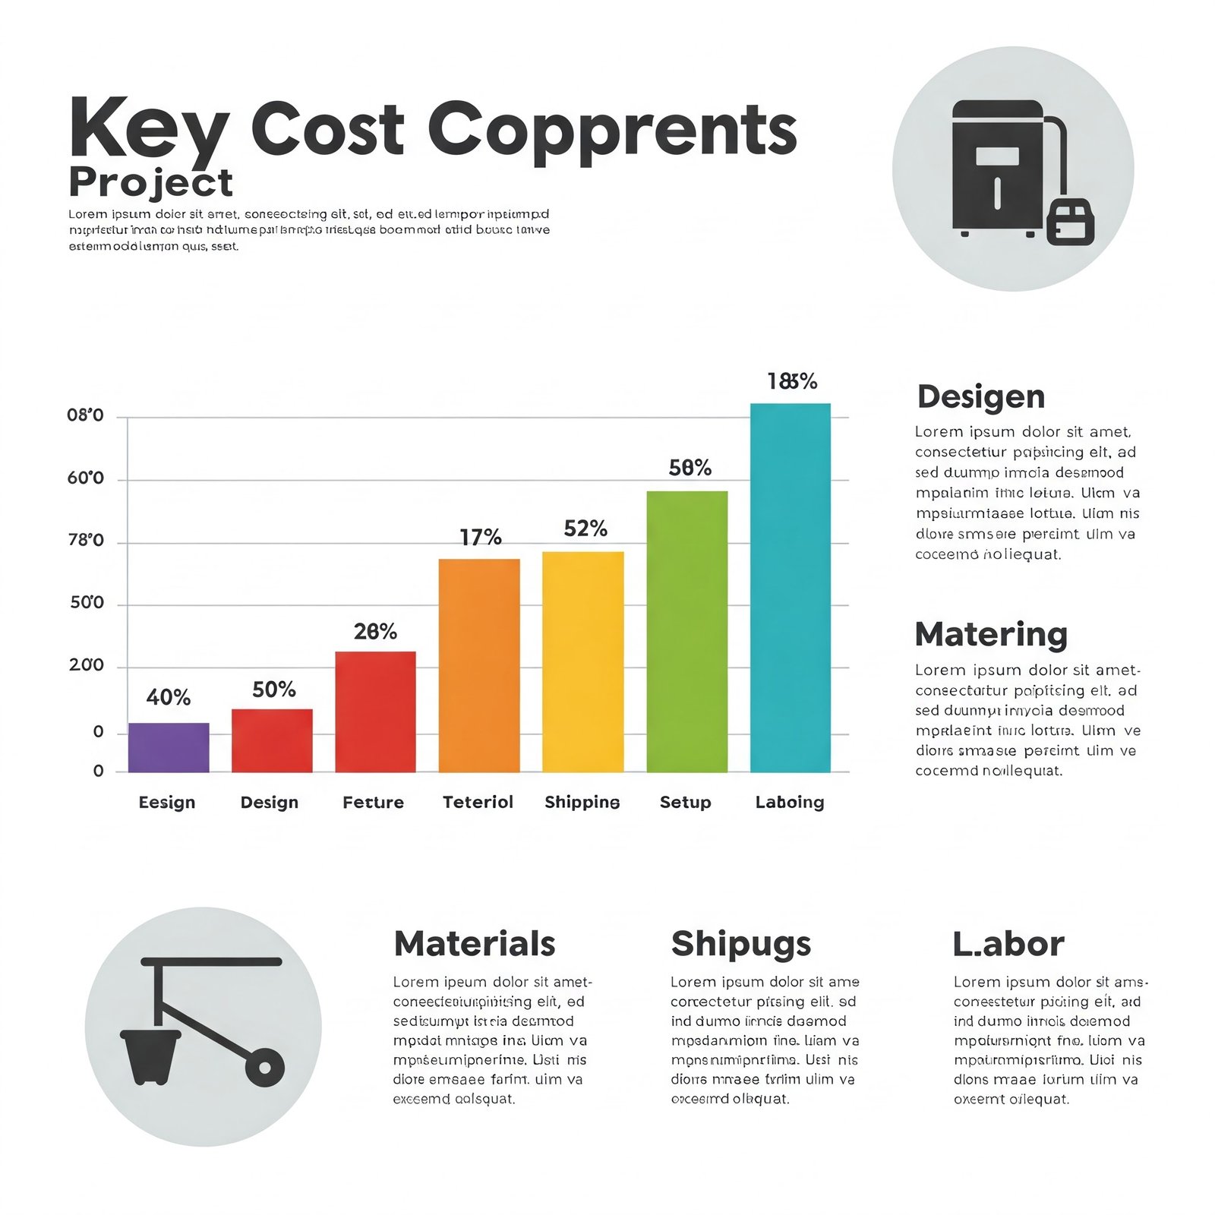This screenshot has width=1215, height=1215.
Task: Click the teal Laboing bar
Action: click(790, 588)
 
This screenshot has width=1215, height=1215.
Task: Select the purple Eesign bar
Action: click(169, 747)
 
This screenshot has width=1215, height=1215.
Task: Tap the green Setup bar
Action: click(686, 632)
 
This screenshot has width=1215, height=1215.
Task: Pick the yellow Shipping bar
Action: click(582, 662)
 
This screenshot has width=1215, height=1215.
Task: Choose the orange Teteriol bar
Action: click(479, 666)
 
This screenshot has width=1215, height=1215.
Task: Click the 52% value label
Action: click(585, 529)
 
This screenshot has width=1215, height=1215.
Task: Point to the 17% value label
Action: click(481, 538)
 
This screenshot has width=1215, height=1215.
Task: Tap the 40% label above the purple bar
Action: click(169, 697)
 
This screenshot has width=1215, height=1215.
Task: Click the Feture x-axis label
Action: click(373, 803)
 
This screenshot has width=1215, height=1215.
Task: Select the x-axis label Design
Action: click(269, 803)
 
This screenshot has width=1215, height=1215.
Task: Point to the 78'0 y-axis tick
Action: click(86, 541)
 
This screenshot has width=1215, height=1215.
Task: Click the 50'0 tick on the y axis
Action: click(87, 603)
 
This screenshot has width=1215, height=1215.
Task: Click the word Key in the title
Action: click(148, 129)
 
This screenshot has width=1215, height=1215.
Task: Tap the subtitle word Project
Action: click(150, 183)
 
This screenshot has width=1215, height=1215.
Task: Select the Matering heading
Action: click(991, 635)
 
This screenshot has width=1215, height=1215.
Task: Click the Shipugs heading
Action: click(741, 944)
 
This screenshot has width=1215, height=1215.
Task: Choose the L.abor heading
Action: click(1008, 944)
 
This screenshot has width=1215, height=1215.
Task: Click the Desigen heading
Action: click(981, 397)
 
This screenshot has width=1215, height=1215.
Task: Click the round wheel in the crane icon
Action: click(265, 1068)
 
